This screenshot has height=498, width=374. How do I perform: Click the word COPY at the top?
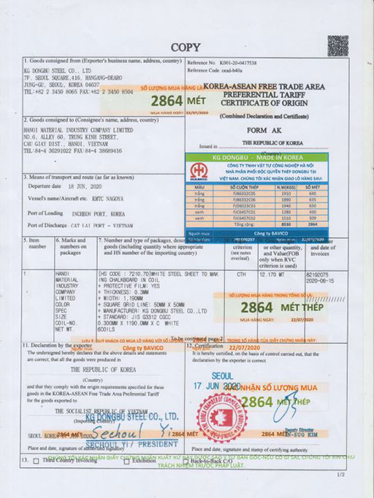[187, 47]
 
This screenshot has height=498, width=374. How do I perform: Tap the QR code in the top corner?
[337, 45]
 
